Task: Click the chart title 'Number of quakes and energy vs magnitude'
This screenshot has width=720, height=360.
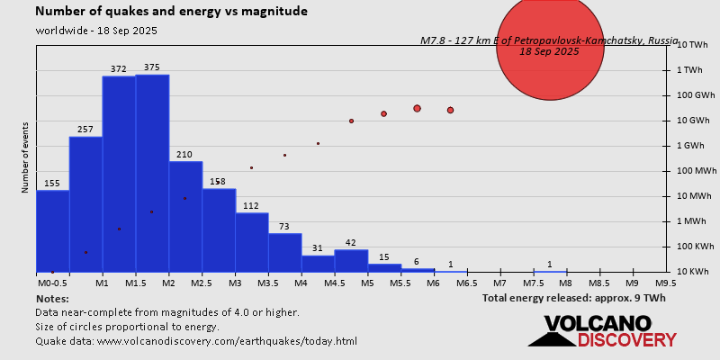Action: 171,12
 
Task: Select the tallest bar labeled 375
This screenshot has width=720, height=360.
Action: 152,171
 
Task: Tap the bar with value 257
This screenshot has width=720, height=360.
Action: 85,202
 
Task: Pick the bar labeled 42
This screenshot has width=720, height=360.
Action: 351,261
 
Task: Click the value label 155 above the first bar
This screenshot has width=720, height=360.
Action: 52,184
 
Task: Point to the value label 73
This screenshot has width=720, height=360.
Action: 284,226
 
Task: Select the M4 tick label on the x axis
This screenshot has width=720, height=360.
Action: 301,283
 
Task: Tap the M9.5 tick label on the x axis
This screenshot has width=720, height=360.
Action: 666,283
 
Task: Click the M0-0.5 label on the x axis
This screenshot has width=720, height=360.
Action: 52,283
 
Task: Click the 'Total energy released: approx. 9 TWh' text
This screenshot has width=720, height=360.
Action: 574,298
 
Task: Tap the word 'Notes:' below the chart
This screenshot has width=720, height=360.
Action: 52,298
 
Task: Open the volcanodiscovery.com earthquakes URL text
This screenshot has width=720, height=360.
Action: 196,341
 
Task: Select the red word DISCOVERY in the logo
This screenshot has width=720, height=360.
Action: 626,340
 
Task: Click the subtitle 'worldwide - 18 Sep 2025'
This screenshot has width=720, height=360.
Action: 96,31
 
